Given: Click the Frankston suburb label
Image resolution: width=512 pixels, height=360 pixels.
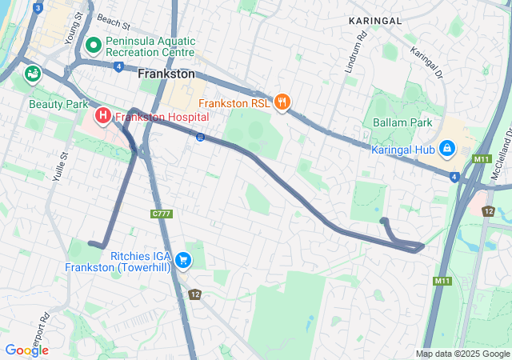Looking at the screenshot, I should click(x=166, y=73).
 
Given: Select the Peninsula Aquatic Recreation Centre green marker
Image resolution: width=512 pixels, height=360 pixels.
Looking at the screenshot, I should click(x=93, y=45).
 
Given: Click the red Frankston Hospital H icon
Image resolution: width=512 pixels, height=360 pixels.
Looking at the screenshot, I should click(x=103, y=117).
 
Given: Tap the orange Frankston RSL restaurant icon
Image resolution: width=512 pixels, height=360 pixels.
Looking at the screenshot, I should click(x=282, y=102).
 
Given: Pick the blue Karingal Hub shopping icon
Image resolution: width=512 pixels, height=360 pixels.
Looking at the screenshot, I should click(x=446, y=149).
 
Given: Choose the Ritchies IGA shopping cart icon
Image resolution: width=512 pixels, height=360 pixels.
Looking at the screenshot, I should click(x=183, y=258).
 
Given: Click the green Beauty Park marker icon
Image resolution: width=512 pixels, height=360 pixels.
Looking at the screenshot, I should click(x=33, y=74).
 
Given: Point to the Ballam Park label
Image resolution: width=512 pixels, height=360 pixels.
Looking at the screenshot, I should click(x=402, y=122).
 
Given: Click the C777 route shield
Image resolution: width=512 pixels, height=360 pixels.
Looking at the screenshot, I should click(x=162, y=214).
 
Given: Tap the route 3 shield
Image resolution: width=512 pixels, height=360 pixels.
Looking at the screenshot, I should click(x=38, y=8).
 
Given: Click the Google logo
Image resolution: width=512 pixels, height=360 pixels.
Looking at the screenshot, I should click(x=26, y=350).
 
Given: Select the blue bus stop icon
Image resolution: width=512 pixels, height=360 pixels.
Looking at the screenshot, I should click(x=199, y=137).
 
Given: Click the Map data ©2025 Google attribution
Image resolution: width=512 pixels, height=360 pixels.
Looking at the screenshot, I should click(x=462, y=354).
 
